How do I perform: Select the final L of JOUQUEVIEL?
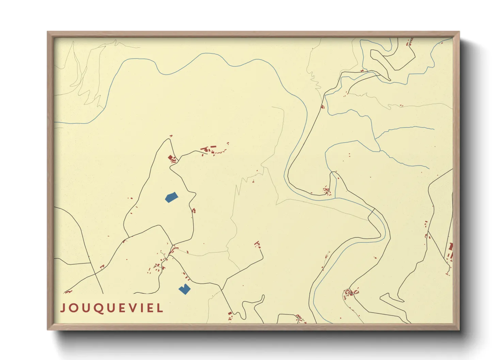tap(160, 308)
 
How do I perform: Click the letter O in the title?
tap(74, 308)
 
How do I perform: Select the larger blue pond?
tap(171, 197)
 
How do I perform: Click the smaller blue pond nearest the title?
tap(184, 289)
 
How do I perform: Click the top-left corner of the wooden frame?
tap(48, 32)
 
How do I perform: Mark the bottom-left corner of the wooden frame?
tap(48, 329)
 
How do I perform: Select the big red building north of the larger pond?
tap(170, 157)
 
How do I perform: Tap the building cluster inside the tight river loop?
tap(326, 191)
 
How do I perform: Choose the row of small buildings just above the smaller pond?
tap(186, 276)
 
